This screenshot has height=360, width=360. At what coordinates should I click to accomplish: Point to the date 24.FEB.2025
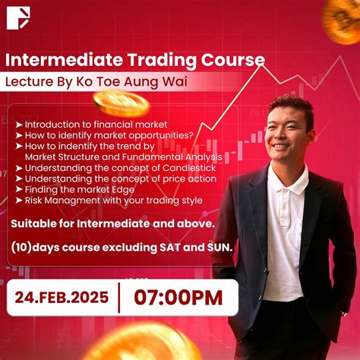pos(62,296)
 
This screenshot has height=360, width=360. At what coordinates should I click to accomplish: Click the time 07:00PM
pos(178,296)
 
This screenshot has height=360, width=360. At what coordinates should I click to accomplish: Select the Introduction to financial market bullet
pos(96,124)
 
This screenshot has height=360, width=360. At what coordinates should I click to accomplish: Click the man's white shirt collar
pos(287,177)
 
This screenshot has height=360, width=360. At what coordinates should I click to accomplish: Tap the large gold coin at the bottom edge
pos(134,346)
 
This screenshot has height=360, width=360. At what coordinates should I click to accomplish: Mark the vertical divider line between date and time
pos(118,296)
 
